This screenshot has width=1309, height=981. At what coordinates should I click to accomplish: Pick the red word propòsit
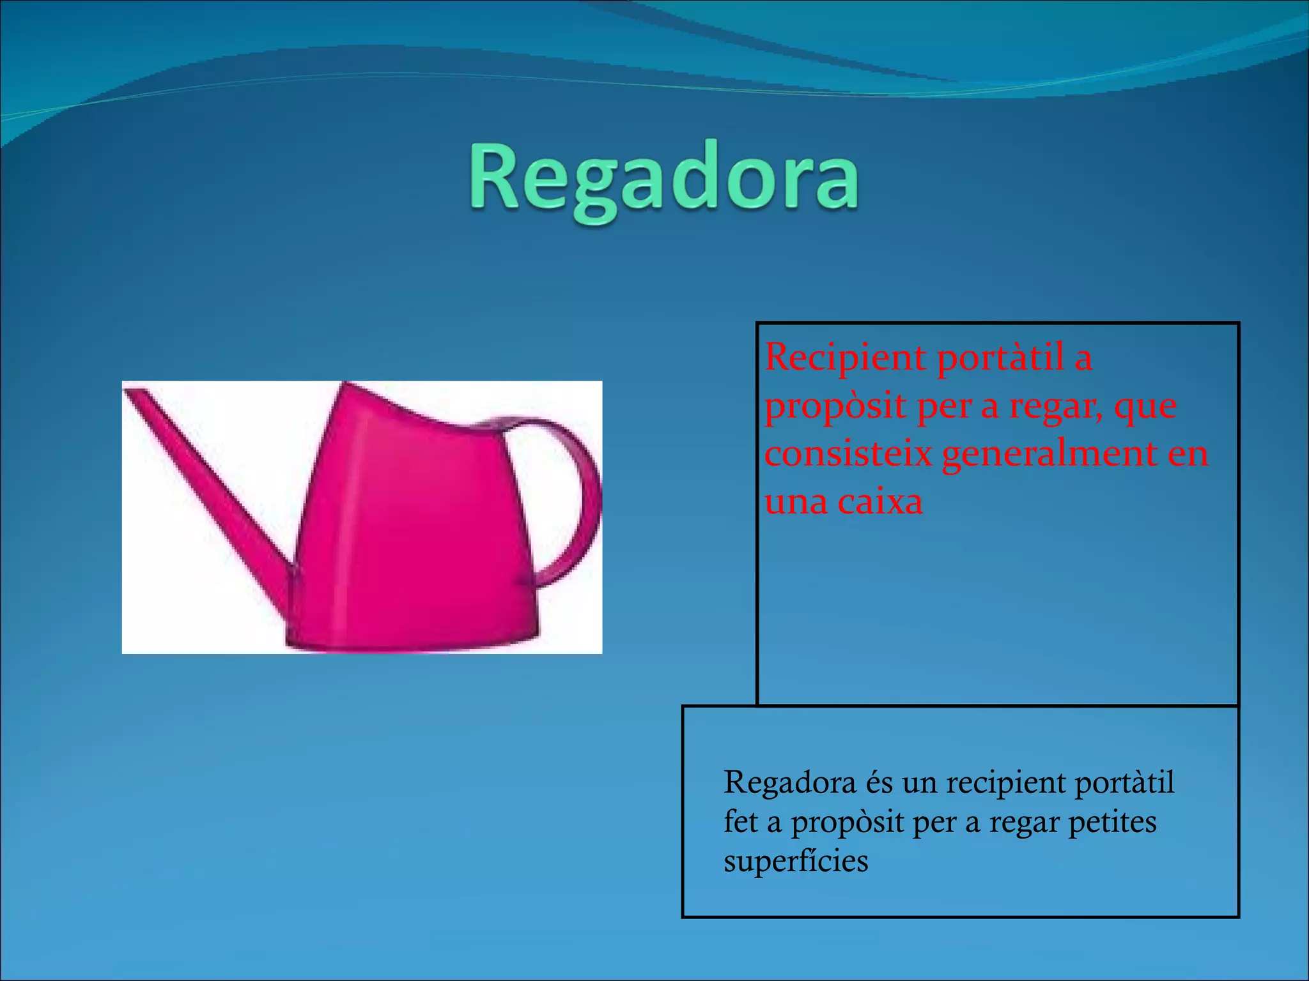tap(835, 407)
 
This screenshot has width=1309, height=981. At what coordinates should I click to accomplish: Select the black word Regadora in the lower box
tap(789, 783)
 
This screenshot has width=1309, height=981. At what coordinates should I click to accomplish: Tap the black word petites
tap(1112, 823)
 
